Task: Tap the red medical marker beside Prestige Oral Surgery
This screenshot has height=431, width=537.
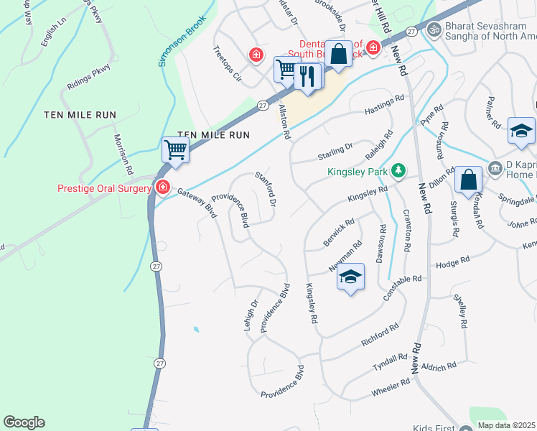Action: click(163, 187)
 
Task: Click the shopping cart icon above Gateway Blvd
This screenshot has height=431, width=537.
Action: click(175, 150)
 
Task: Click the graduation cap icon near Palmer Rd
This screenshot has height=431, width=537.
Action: click(521, 131)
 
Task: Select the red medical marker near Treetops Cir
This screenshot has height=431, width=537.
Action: click(255, 54)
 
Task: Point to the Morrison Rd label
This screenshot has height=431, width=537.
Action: click(122, 154)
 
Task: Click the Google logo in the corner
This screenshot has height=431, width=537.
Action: click(24, 422)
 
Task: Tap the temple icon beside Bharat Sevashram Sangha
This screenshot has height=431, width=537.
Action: click(433, 29)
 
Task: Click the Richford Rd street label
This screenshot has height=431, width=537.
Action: click(380, 335)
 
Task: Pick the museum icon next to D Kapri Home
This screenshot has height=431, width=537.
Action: click(495, 169)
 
